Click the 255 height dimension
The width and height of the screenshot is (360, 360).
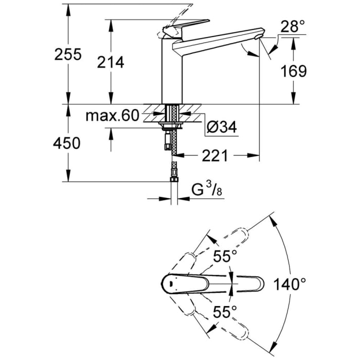68,55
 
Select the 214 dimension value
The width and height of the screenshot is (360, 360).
111,62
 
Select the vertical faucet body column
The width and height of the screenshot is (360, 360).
172,72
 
